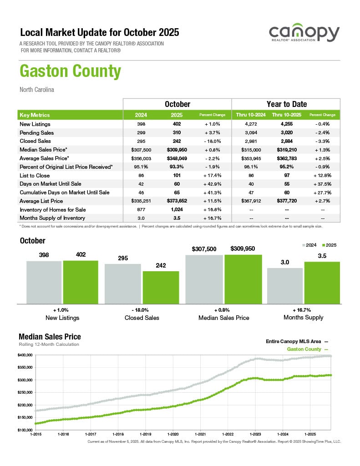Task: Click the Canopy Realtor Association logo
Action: tap(304, 35)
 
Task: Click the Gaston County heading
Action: tap(70, 72)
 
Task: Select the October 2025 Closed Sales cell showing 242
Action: tap(177, 141)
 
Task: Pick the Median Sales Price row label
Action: tap(44, 150)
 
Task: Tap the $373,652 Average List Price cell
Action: tap(177, 201)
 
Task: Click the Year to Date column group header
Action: tap(286, 104)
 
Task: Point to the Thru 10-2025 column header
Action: tap(286, 115)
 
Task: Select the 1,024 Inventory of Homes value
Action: tap(177, 210)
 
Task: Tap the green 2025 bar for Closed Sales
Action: tap(161, 287)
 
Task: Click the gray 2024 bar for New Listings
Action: tap(44, 282)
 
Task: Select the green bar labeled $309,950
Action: tap(243, 279)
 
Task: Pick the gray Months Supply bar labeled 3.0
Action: tap(284, 285)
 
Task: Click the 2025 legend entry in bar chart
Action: tap(329, 245)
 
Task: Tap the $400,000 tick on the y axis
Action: tap(25, 355)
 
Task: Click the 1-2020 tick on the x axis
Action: tap(173, 435)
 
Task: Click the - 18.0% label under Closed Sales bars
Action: tap(142, 309)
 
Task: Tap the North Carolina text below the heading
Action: tap(37, 90)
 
